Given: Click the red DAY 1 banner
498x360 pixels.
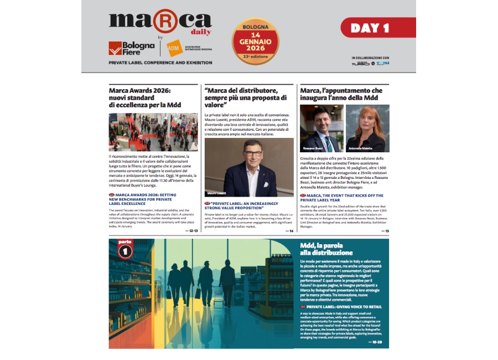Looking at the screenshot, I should coord(378,28).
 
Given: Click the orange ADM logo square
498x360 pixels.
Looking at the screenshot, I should coord(174,48).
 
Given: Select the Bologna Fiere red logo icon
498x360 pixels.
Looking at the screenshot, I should coord(115,48).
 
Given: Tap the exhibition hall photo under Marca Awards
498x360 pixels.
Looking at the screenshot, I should coord(153,132).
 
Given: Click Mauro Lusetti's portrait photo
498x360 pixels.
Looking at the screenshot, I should coord(249,167).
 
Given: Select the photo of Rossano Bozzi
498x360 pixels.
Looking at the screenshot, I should coord(321,128).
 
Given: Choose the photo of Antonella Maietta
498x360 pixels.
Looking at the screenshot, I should coord(367,128).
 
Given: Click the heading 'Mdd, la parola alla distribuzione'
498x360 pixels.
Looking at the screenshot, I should coord(326,249).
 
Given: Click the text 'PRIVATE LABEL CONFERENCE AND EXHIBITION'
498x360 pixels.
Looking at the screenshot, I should coord(160,63).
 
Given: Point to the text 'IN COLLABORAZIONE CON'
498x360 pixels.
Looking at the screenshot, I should coord(370,57).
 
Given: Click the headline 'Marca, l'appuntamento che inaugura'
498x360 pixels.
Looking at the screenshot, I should coord(341,94).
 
